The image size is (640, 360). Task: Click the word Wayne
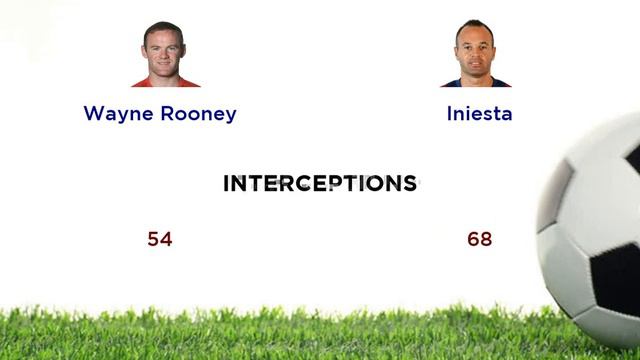coord(115,113)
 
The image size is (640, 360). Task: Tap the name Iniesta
coord(479,113)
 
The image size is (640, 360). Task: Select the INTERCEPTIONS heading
coord(320,183)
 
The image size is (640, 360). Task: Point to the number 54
coord(160,239)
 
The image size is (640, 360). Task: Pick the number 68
coord(479,239)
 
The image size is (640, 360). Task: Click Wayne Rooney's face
coord(164,50)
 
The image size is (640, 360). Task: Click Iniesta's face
coord(475,48)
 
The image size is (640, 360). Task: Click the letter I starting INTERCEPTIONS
coord(226,183)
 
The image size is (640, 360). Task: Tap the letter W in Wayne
coord(94,113)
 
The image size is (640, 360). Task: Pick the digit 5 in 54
coord(154,239)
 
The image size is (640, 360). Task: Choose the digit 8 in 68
coord(486,239)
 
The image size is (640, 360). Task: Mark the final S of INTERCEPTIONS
coord(410,183)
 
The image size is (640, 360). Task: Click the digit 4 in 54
coord(166,239)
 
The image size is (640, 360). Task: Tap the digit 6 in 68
coord(473,239)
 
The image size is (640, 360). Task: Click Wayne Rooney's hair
coord(164,30)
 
